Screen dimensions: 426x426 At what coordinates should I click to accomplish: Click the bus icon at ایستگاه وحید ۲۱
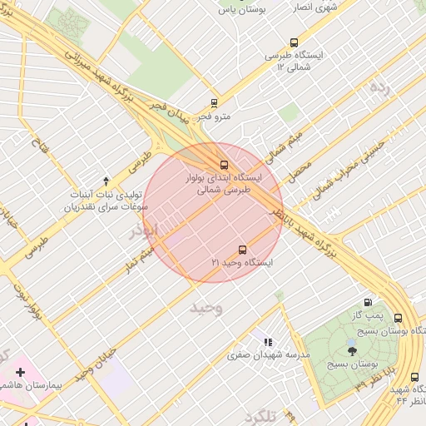tap(243, 249)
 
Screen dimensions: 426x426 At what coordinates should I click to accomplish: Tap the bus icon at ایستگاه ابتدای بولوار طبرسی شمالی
tap(222, 164)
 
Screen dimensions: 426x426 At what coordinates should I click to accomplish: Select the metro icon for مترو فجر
tap(215, 104)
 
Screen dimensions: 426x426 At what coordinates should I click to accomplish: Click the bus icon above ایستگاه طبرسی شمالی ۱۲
tap(293, 42)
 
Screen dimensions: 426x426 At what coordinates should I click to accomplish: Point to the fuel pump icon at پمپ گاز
tap(368, 303)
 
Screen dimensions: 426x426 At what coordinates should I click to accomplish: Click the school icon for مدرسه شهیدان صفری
tap(267, 341)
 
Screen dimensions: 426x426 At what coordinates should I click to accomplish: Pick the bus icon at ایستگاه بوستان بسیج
tap(398, 319)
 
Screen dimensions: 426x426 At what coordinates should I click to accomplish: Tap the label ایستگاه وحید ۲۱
tap(243, 262)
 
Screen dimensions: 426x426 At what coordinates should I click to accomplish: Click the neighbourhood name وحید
tap(206, 308)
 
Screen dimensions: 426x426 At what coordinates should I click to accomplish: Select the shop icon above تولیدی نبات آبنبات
tap(105, 181)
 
